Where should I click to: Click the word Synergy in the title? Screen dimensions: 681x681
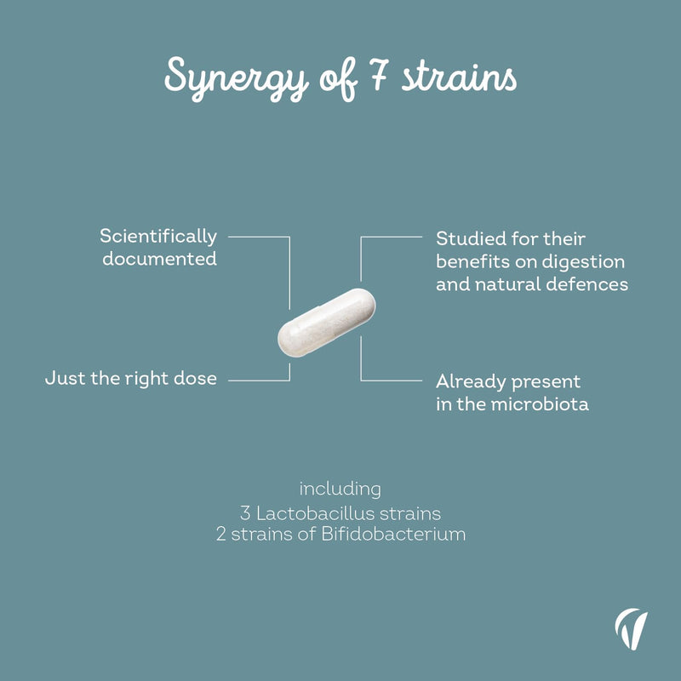point(237,78)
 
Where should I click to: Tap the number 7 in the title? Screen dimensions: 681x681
point(379,74)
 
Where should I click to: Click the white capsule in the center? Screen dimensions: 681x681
point(327,323)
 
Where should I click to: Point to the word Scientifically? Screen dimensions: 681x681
point(158,237)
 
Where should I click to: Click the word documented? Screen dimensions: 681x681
point(159,259)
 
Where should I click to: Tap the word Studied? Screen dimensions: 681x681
point(471,238)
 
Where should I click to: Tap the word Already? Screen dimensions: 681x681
point(471,382)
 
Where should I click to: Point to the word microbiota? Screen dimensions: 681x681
point(540,404)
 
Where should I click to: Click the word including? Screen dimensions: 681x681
point(340,489)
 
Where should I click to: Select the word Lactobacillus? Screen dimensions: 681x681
point(315,514)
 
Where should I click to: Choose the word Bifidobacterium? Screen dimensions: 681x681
point(393,534)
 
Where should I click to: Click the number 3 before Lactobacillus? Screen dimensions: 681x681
point(245,514)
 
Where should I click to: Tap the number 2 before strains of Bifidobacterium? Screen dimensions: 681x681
point(221,535)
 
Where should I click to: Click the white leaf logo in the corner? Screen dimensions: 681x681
point(631,629)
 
